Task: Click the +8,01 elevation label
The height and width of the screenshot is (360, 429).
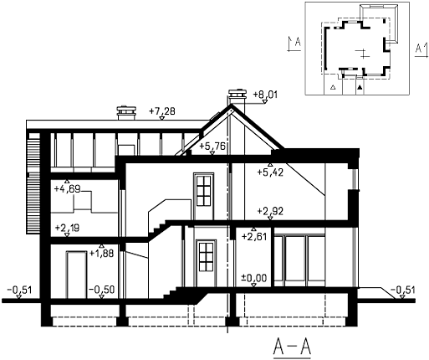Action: pyautogui.click(x=265, y=95)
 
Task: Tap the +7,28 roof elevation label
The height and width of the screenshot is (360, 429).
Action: pyautogui.click(x=162, y=111)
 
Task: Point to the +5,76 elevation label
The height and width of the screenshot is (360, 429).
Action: pyautogui.click(x=212, y=146)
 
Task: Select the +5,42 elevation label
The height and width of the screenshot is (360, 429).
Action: pyautogui.click(x=270, y=172)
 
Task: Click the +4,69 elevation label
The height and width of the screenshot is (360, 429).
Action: pyautogui.click(x=67, y=189)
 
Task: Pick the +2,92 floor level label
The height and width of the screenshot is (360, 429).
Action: pyautogui.click(x=270, y=211)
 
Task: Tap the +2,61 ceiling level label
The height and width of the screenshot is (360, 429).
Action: pyautogui.click(x=254, y=237)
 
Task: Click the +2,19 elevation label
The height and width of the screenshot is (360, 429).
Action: pyautogui.click(x=67, y=228)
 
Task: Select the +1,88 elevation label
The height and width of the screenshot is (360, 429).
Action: pyautogui.click(x=101, y=254)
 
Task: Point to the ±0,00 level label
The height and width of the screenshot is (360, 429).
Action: pyautogui.click(x=253, y=278)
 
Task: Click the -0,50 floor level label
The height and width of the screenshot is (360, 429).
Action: pyautogui.click(x=101, y=290)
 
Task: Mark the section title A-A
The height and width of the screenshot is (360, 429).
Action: pyautogui.click(x=292, y=347)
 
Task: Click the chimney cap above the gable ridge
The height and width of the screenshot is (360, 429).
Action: pyautogui.click(x=237, y=94)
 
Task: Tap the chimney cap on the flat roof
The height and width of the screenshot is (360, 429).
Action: pyautogui.click(x=126, y=111)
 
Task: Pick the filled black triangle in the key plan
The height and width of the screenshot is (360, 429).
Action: pyautogui.click(x=360, y=88)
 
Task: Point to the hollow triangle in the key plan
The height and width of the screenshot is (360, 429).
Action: pyautogui.click(x=333, y=87)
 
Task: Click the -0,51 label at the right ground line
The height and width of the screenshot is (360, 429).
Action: pyautogui.click(x=402, y=291)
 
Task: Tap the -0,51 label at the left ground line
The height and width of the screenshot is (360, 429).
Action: pyautogui.click(x=19, y=291)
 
